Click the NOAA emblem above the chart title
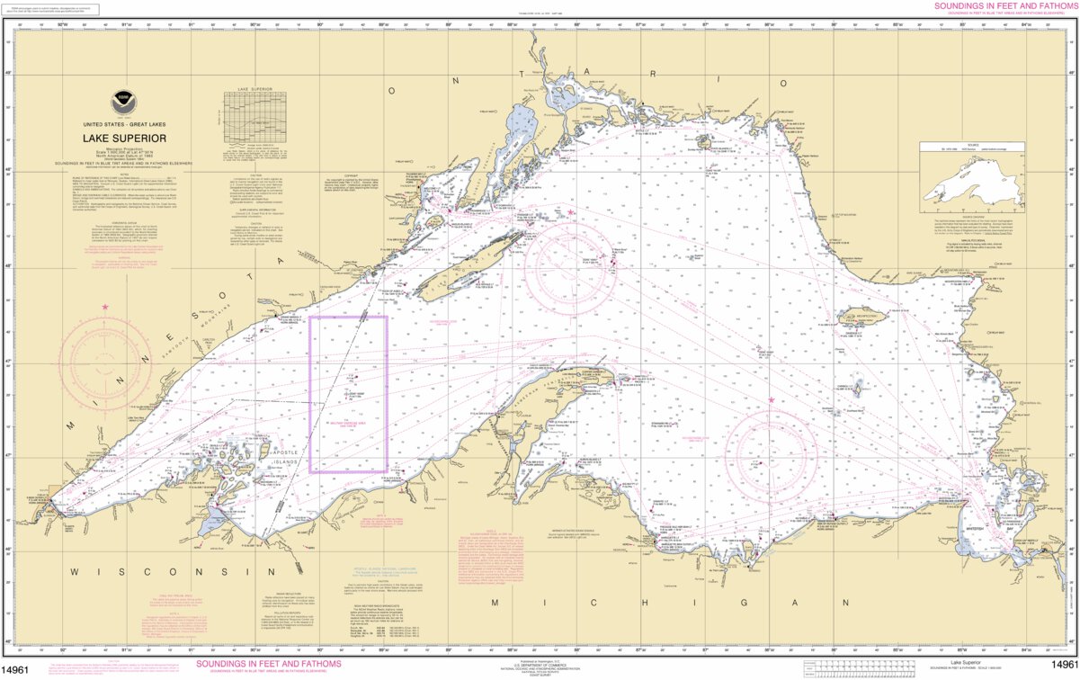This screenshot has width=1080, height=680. click(120, 102)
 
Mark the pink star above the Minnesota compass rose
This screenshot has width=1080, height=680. click(105, 308)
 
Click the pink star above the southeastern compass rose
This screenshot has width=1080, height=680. click(771, 400)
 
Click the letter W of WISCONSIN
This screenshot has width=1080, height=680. click(76, 571)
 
